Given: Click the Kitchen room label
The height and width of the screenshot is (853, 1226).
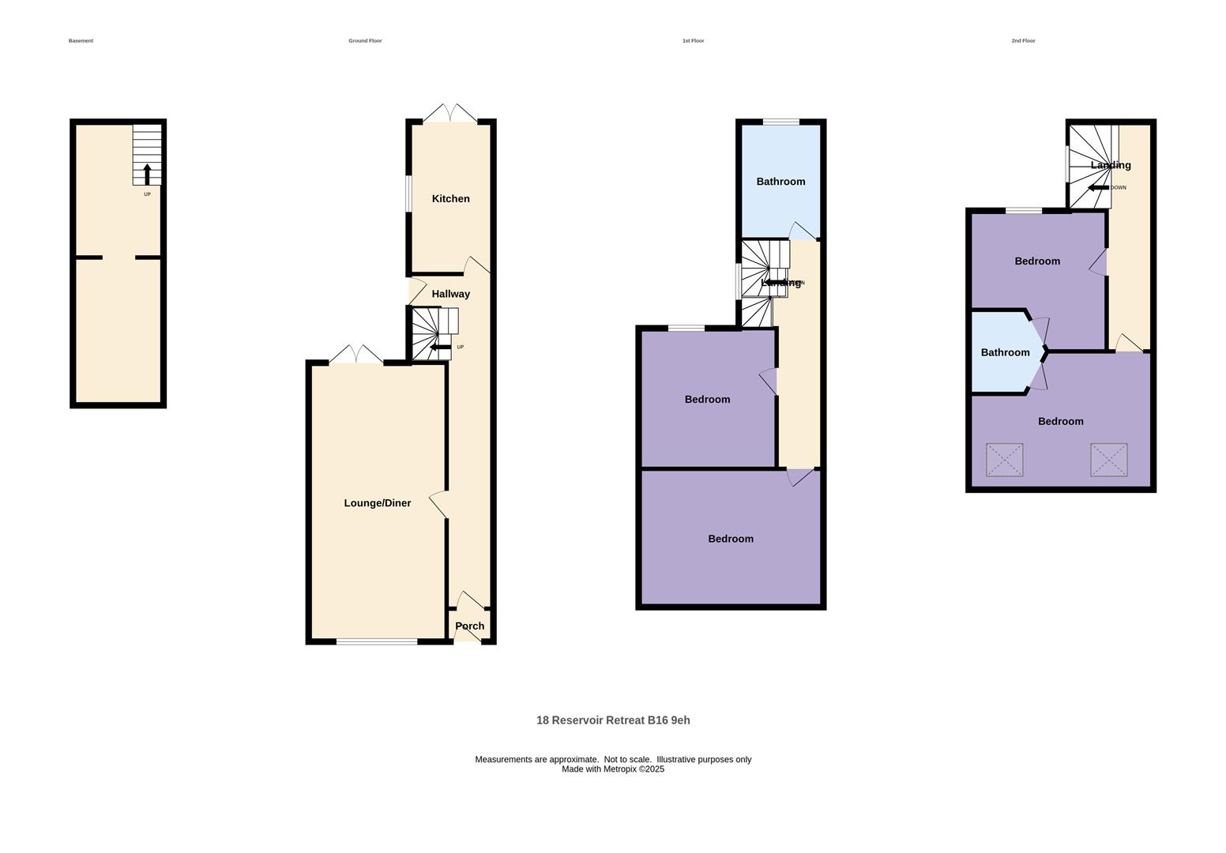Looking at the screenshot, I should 450,199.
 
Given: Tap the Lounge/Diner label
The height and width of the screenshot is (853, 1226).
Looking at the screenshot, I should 377,503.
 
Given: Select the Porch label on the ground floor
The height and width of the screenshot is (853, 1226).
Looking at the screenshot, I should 469,626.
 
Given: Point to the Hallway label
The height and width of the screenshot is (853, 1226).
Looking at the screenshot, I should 450,294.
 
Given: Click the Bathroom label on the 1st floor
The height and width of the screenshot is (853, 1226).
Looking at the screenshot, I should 780,182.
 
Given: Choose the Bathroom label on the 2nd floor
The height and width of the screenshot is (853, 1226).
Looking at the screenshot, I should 1005,352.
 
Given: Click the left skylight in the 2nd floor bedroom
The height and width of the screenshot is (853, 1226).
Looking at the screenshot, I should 1004,460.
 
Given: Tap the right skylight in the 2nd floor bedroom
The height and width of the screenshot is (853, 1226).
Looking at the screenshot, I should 1108,460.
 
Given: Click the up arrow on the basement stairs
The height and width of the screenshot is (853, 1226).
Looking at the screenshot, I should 147,174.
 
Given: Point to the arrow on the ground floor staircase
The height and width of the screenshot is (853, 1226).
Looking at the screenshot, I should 440,347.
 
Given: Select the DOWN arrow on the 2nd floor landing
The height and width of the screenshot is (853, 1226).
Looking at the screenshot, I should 1098,188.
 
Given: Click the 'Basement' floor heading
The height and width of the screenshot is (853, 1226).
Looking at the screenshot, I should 81,41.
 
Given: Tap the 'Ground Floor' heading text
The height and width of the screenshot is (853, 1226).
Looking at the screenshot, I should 365,41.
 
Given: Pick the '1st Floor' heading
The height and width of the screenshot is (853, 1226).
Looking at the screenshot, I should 693,41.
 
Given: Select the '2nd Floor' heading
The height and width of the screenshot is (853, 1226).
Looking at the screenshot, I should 1023,41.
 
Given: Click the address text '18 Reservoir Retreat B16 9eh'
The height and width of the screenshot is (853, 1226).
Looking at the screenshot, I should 613,720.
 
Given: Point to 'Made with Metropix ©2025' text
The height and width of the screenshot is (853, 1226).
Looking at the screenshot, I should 613,769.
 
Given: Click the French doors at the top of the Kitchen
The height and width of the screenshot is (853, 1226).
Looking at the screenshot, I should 450,115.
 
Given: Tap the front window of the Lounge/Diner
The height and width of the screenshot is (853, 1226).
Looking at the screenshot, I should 377,641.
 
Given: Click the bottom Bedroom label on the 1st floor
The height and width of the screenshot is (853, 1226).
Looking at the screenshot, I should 730,539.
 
